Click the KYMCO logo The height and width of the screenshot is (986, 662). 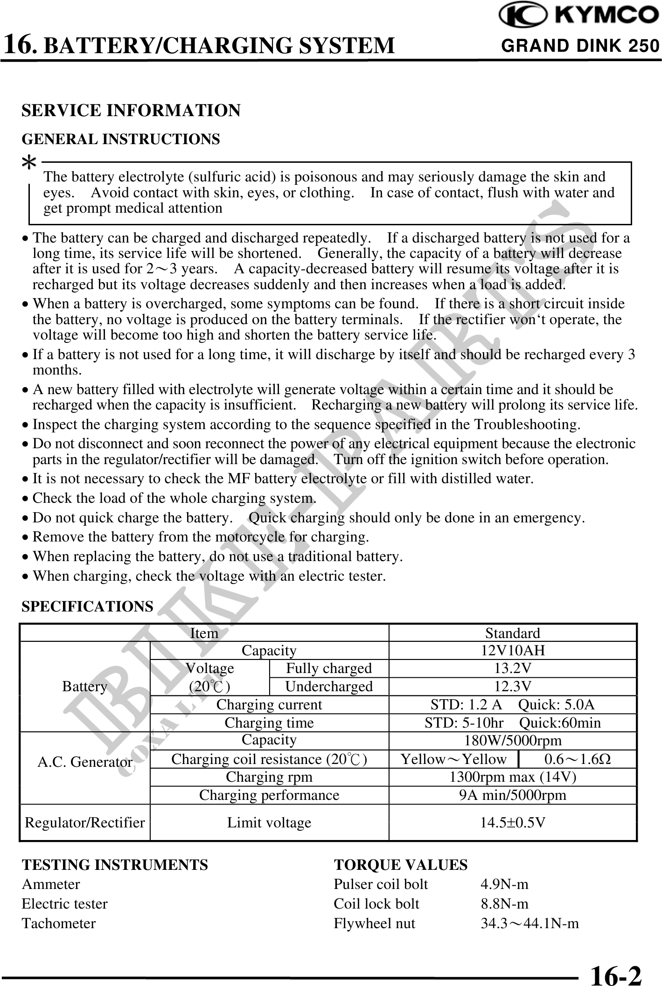[x=578, y=16]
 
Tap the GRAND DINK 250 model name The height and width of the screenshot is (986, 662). [x=580, y=46]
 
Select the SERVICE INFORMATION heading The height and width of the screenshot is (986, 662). [x=131, y=111]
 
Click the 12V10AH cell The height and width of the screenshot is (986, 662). [x=512, y=650]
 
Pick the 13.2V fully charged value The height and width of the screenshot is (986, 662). [x=512, y=668]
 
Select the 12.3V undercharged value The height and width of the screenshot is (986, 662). [x=512, y=686]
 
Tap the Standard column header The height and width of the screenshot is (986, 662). [x=512, y=633]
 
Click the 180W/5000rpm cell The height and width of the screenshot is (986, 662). [x=512, y=741]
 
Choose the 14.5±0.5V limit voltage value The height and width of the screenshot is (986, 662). [x=512, y=822]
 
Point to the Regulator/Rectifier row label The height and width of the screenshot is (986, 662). [x=85, y=822]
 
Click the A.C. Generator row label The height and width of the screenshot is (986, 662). [x=85, y=762]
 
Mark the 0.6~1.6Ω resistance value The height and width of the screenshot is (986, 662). [x=578, y=759]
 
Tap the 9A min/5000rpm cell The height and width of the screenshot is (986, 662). [x=512, y=795]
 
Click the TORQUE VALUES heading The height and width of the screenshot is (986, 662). [x=400, y=865]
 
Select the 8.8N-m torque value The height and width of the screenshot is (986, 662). [x=504, y=904]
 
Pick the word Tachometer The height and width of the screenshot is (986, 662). [x=59, y=924]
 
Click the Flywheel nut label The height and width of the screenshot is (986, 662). [x=374, y=924]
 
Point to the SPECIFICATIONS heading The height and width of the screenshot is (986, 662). [x=88, y=606]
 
